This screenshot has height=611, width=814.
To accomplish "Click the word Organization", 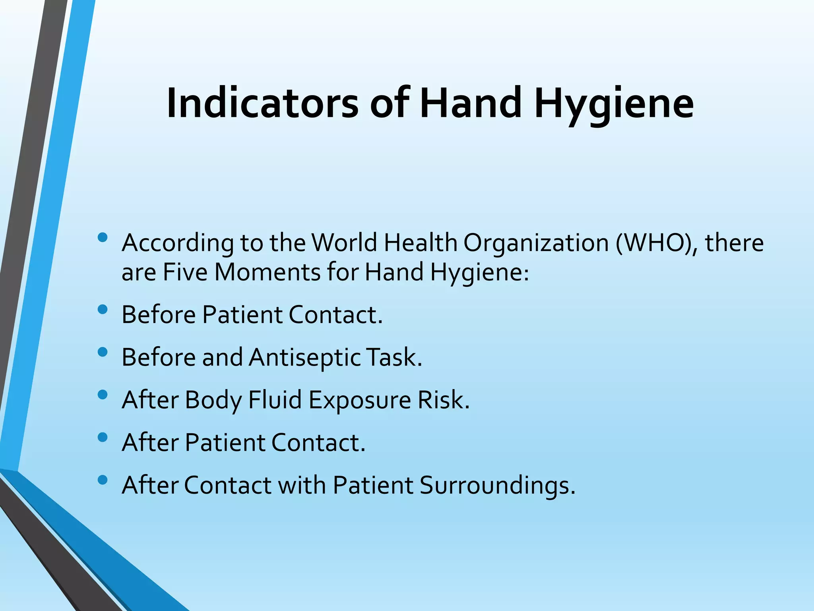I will (x=536, y=243).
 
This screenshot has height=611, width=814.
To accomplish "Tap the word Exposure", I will (x=359, y=400).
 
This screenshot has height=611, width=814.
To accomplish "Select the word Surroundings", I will (x=497, y=486).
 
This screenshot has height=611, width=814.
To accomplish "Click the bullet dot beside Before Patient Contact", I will (x=102, y=309).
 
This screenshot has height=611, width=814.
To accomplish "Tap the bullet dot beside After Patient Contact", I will (x=102, y=438).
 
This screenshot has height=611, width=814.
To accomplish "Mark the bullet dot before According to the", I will (x=102, y=237).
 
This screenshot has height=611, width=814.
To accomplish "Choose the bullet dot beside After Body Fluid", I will (x=102, y=395).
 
